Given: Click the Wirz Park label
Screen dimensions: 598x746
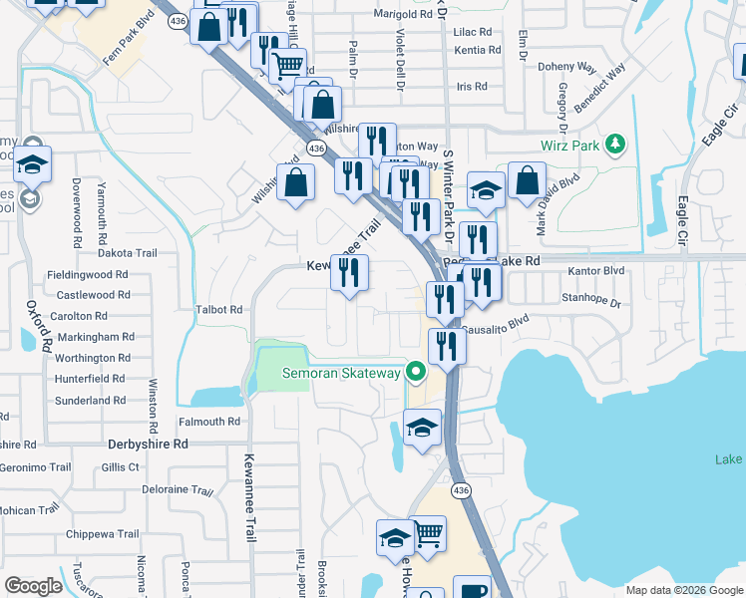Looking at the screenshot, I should (x=572, y=146).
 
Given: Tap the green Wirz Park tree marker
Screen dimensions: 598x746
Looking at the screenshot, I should (x=615, y=145).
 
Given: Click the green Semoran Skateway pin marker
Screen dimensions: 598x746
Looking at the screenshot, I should (x=418, y=374).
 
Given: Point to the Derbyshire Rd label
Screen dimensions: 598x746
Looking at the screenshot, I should (x=148, y=444).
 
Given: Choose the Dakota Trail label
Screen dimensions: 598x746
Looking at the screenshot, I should (x=128, y=253).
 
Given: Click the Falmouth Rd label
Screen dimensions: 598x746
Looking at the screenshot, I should (x=210, y=422).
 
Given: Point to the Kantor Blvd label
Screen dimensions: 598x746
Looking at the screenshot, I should (x=595, y=270).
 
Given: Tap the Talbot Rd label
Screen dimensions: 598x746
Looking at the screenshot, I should (x=220, y=310).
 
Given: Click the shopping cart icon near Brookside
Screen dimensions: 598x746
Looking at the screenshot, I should (x=428, y=533).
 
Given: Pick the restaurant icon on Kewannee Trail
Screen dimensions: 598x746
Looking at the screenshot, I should (x=349, y=272).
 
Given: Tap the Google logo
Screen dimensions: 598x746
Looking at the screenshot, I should (x=33, y=586).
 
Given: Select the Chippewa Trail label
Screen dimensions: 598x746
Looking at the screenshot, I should (x=102, y=534).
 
